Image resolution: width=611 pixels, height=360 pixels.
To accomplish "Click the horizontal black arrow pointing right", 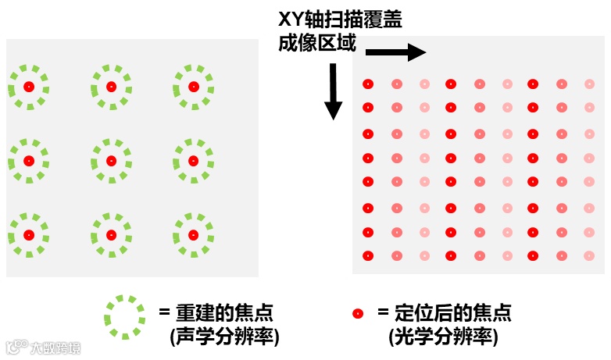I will [395, 53].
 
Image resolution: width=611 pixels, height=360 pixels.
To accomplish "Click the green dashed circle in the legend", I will [124, 317].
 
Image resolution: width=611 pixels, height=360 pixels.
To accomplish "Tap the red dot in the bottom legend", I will [358, 314].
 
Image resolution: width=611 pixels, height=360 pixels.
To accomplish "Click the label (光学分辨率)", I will [443, 337].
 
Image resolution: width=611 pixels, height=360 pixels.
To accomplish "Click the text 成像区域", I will [317, 44].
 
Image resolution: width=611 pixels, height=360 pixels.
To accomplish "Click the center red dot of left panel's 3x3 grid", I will [111, 161].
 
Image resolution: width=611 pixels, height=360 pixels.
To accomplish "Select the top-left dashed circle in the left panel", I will [29, 87].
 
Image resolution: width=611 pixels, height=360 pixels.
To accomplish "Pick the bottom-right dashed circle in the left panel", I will [193, 235].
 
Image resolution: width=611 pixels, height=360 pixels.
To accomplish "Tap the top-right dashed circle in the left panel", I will [193, 87].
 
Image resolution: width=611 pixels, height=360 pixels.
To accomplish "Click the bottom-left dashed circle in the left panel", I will [29, 235].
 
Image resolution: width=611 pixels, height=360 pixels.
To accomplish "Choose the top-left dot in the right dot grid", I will [368, 84].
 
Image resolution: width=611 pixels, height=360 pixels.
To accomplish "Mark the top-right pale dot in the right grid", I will [590, 84].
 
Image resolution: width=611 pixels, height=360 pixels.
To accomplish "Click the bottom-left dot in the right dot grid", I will [368, 255].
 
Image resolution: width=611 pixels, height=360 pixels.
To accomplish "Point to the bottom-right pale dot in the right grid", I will [590, 255].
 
